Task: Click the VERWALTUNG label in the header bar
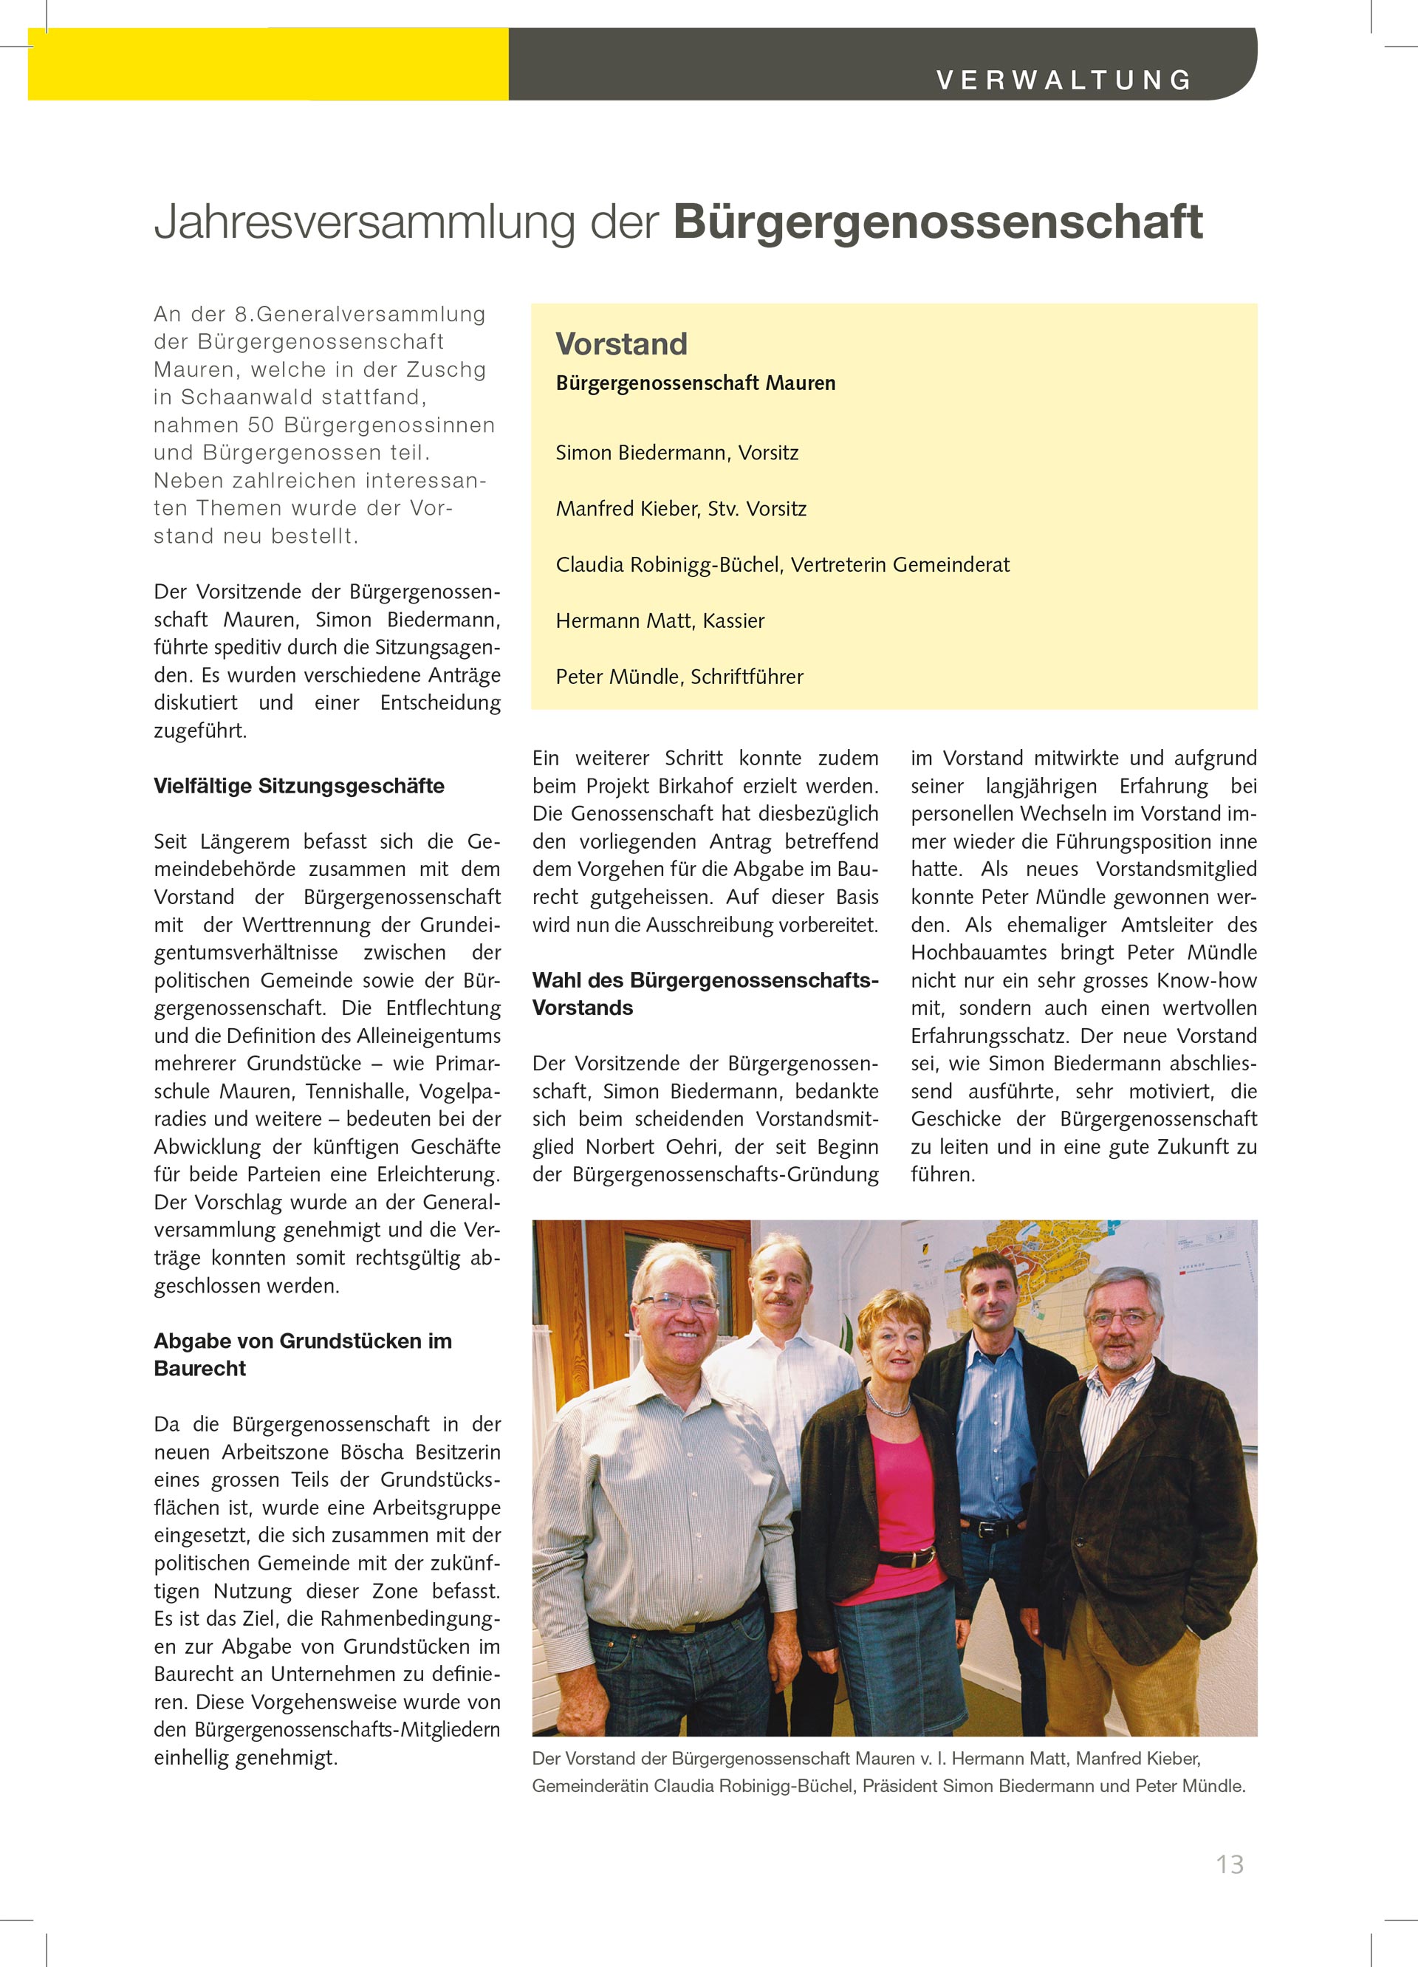click(x=1063, y=81)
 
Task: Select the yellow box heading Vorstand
click(x=621, y=344)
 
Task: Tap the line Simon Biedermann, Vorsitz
click(x=677, y=453)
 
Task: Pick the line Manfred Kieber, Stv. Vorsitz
click(x=681, y=508)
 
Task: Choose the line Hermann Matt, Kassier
click(x=660, y=620)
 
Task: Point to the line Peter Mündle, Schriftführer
click(x=679, y=677)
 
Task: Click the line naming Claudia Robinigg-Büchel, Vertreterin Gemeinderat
click(x=782, y=564)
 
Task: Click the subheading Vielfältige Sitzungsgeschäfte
click(x=298, y=786)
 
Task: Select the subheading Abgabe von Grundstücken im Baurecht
click(x=302, y=1354)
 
